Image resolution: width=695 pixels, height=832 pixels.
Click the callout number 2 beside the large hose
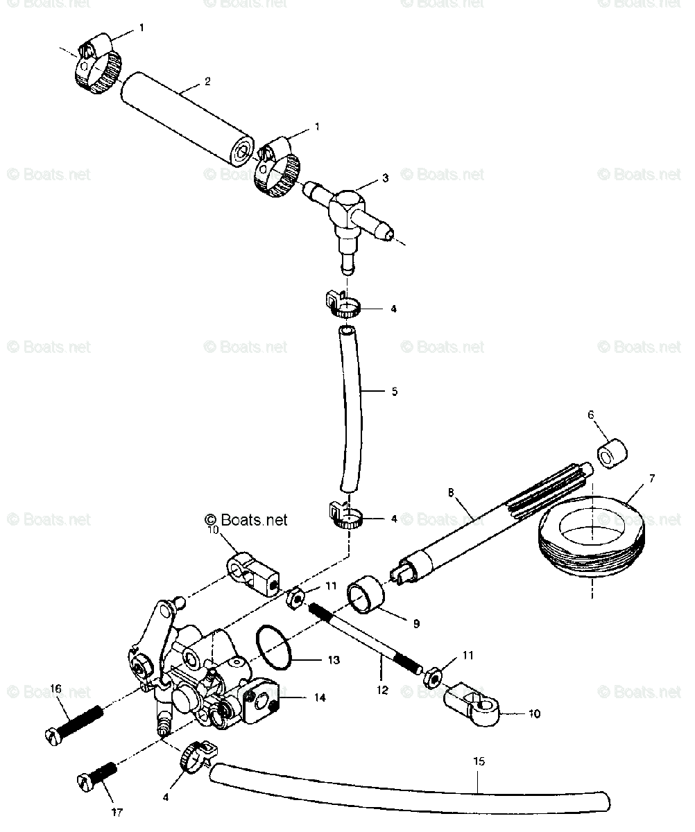pyautogui.click(x=207, y=82)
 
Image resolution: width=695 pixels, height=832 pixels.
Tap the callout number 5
pyautogui.click(x=394, y=392)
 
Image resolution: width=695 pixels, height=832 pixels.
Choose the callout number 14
pyautogui.click(x=320, y=697)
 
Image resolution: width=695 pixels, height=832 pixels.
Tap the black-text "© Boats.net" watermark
pyautogui.click(x=246, y=519)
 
